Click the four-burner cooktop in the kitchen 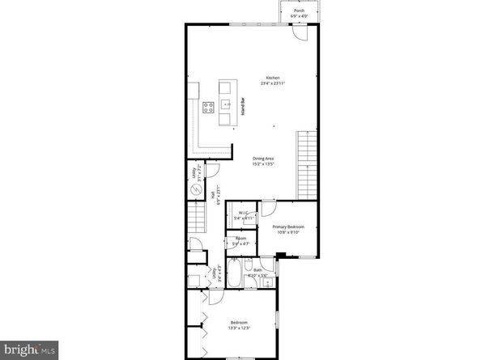click(x=207, y=105)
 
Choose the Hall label click(x=213, y=194)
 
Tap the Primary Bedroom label click(x=287, y=228)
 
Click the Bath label click(x=258, y=270)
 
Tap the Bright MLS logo click(x=29, y=349)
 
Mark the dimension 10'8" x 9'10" click(x=287, y=234)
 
